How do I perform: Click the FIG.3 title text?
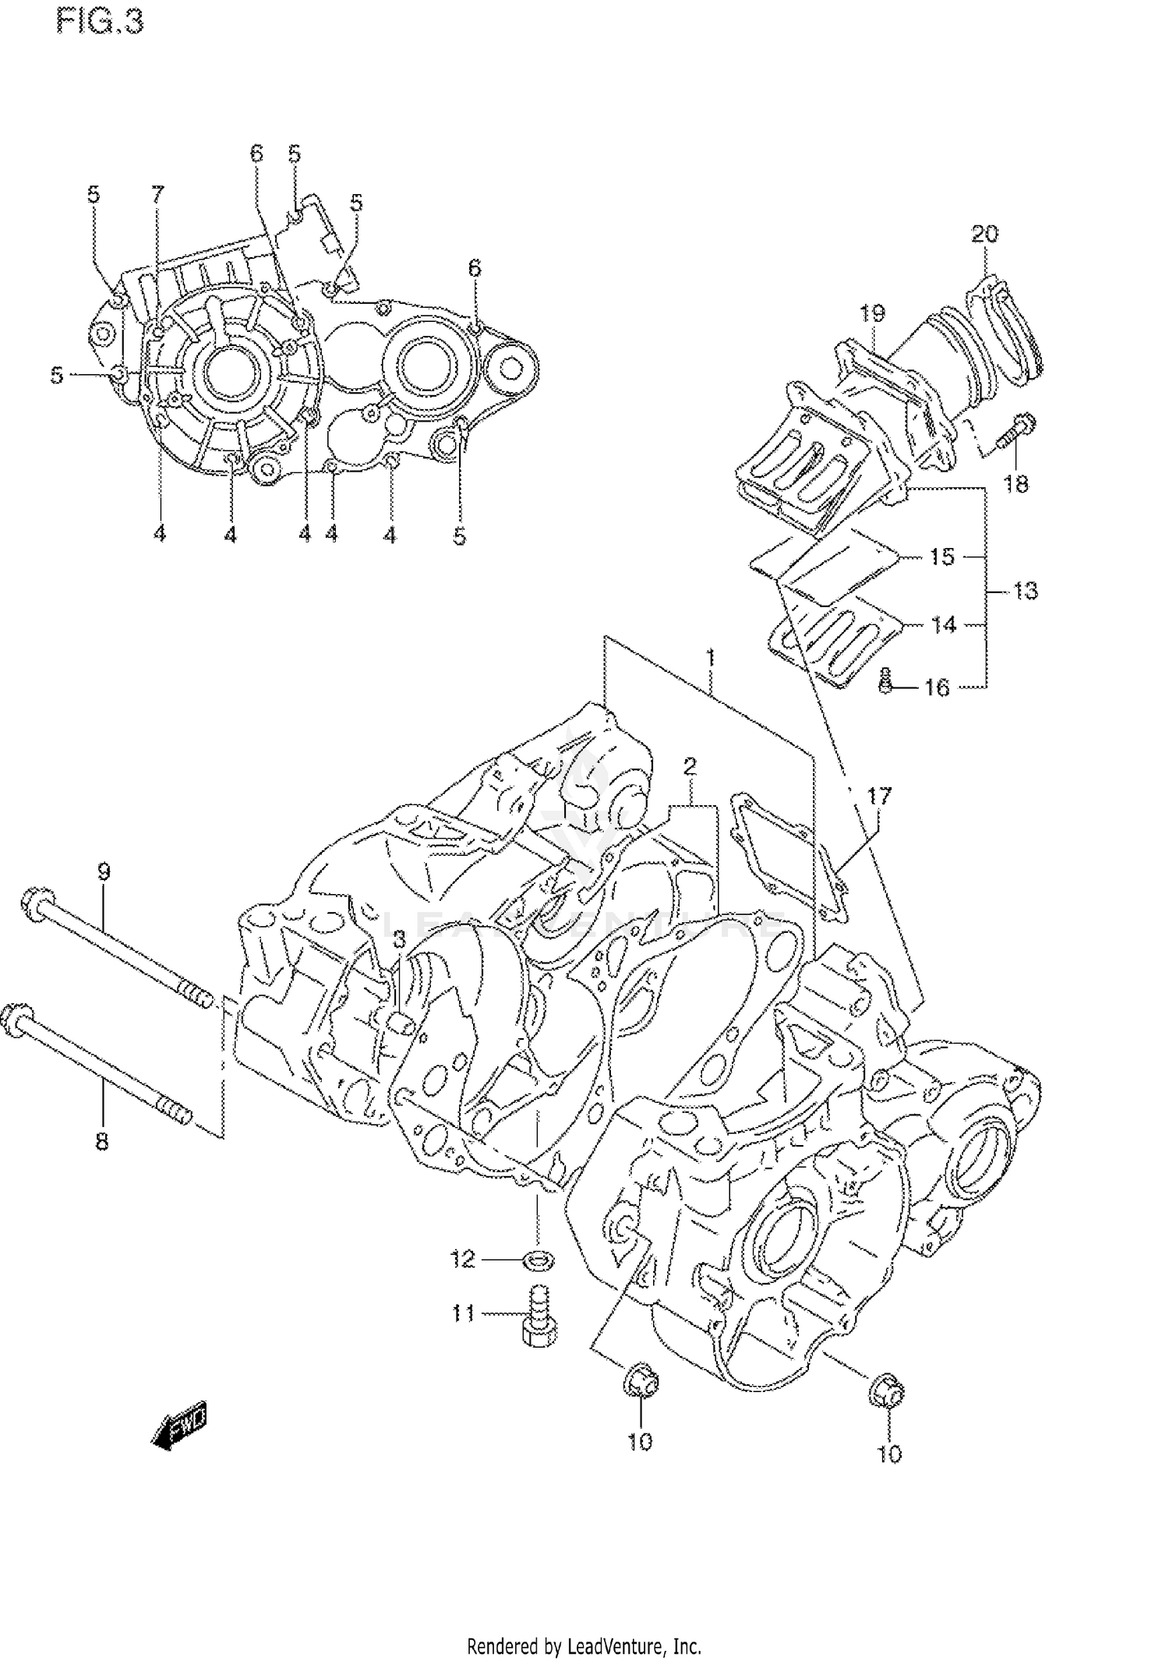[101, 23]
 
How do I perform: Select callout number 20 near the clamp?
[984, 233]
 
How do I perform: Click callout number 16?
[937, 687]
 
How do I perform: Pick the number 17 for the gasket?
[878, 797]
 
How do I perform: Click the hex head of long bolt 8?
[16, 1017]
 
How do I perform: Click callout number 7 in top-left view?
[157, 194]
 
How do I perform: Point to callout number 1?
[711, 659]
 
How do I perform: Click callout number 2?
[690, 766]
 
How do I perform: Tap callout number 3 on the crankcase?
[399, 941]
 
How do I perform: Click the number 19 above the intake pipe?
[872, 313]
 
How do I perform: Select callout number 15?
[941, 557]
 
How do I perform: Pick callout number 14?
[943, 624]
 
